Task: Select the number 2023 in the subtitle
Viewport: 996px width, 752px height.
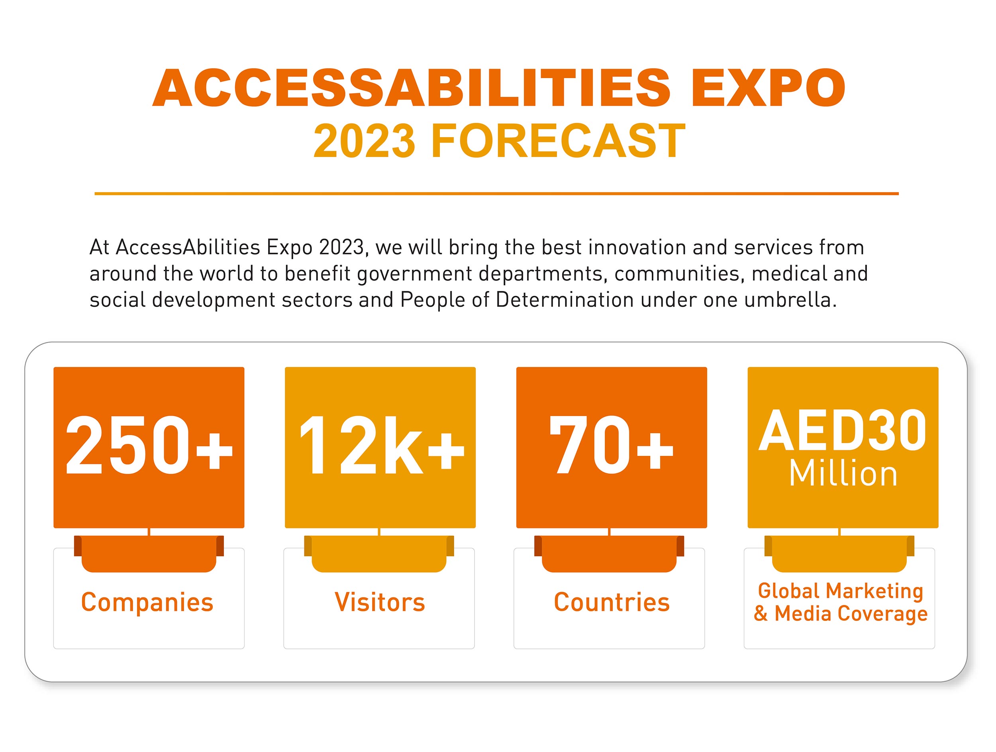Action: [x=364, y=141]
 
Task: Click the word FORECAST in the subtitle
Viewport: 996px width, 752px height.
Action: [x=558, y=141]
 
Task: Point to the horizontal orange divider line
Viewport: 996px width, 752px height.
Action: [x=496, y=194]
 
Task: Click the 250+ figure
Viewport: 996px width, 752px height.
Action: [x=149, y=444]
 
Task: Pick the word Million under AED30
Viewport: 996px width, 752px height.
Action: [x=843, y=474]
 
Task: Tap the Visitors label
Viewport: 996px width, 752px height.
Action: [x=380, y=602]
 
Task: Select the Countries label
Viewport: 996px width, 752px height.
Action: [x=612, y=602]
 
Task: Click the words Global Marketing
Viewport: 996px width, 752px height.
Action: [x=840, y=591]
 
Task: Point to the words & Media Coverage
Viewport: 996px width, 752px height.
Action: [x=840, y=614]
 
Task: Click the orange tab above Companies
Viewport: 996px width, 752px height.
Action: [x=149, y=554]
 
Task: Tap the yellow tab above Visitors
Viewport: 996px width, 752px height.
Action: [x=379, y=554]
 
